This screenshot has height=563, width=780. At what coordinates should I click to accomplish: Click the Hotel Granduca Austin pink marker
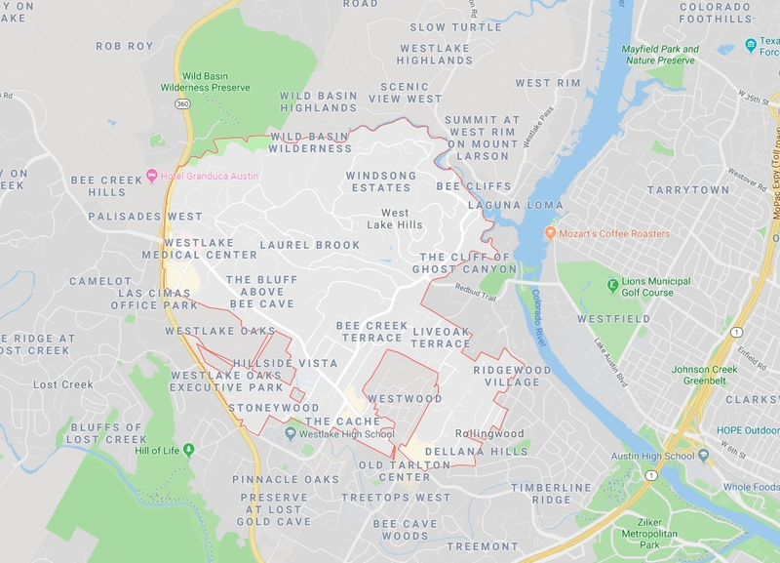pyautogui.click(x=151, y=176)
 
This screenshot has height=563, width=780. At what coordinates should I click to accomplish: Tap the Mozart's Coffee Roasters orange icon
pyautogui.click(x=550, y=234)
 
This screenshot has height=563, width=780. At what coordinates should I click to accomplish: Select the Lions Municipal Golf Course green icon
pyautogui.click(x=613, y=285)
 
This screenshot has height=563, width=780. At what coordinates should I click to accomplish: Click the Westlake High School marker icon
pyautogui.click(x=290, y=434)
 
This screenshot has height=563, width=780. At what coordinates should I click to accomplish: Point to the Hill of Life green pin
pyautogui.click(x=188, y=450)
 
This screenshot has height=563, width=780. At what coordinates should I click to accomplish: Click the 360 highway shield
pyautogui.click(x=182, y=102)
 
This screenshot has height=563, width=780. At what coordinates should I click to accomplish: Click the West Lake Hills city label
pyautogui.click(x=395, y=219)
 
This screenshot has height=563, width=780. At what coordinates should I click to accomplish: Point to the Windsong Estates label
pyautogui.click(x=380, y=181)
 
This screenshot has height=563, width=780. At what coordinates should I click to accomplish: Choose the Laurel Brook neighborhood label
pyautogui.click(x=310, y=245)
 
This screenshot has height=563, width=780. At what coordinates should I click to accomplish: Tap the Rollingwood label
pyautogui.click(x=488, y=434)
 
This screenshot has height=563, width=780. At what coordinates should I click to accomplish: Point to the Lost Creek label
pyautogui.click(x=63, y=384)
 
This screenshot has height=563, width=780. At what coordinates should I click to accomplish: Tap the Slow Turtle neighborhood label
pyautogui.click(x=454, y=27)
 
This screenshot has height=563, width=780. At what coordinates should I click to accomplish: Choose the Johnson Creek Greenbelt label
pyautogui.click(x=711, y=375)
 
